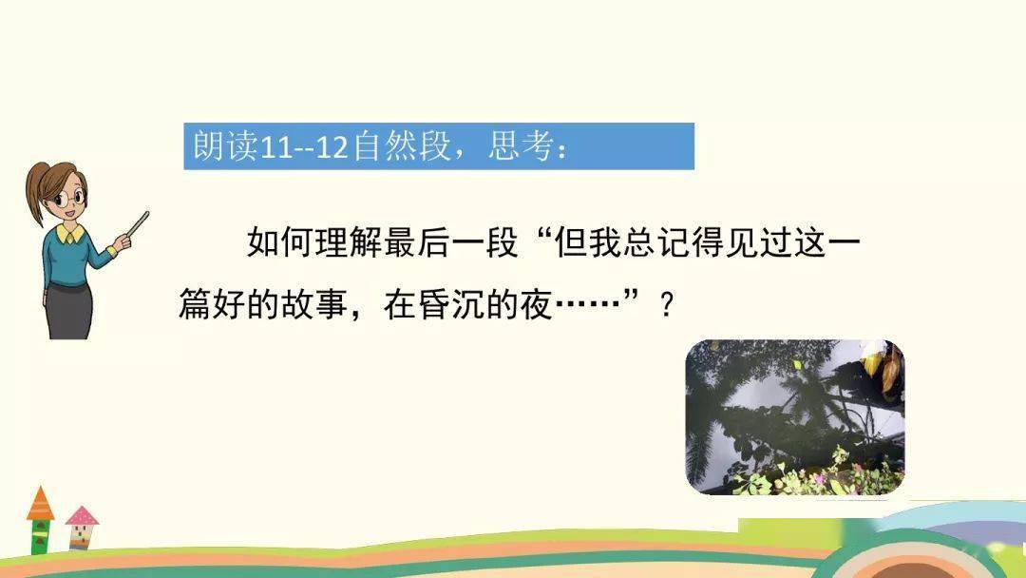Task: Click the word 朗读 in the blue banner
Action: point(225,146)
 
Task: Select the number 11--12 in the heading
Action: point(305,147)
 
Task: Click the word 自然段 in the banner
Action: point(402,146)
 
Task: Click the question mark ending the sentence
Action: point(667,305)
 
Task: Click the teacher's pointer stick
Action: point(138,224)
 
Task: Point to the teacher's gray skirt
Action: point(68,312)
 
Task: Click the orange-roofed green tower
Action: point(40,520)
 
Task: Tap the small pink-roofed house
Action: point(82,527)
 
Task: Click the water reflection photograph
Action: point(795,417)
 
